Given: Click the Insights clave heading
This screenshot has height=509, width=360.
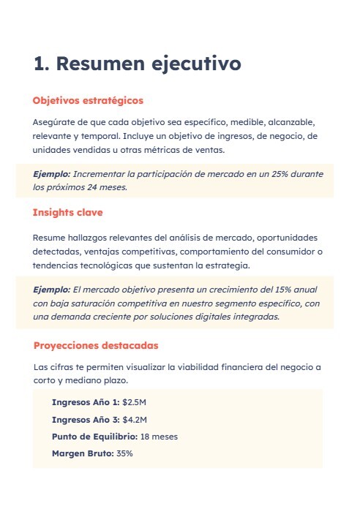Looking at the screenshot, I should point(67,213).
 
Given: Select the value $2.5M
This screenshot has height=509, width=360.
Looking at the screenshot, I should point(135,403).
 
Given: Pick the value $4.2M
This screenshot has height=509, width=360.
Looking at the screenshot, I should point(135,420).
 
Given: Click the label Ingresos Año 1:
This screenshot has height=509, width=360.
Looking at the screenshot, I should point(86,403).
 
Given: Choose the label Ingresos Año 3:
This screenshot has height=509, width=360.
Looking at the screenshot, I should point(86,420).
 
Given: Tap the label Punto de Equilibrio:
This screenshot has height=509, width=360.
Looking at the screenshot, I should point(94,437).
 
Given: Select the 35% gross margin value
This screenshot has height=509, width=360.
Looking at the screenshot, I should point(124,453).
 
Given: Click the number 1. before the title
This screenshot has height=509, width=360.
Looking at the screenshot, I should point(42,64).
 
